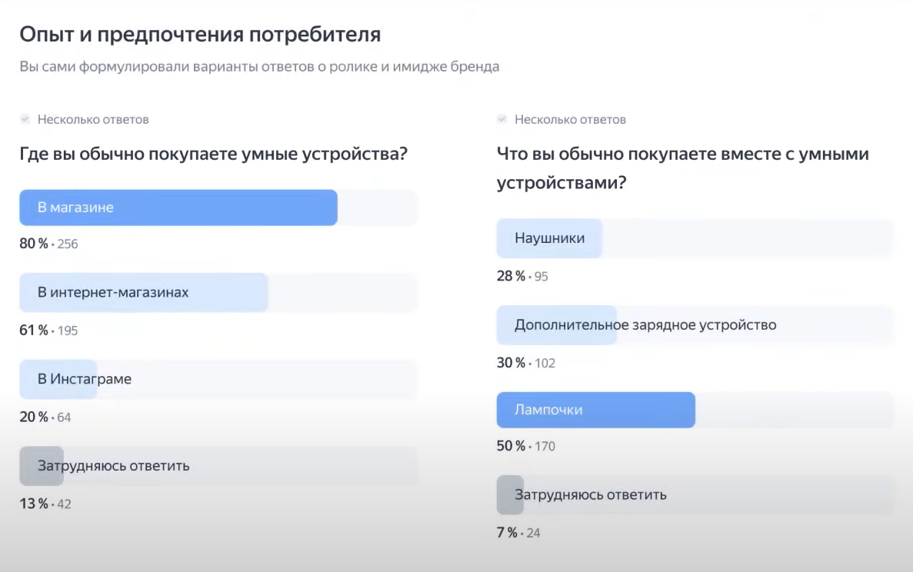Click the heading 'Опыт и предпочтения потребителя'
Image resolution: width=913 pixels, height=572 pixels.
200,35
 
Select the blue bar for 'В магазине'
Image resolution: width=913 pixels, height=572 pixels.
178,208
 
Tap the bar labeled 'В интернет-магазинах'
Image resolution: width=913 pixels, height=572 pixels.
143,293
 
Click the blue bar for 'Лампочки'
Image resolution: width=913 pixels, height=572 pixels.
595,410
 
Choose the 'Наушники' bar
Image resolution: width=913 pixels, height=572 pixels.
549,238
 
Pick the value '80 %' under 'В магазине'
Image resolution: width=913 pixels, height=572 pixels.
33,244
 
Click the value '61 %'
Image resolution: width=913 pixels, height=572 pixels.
33,331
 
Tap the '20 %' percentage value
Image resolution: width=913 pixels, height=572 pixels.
33,417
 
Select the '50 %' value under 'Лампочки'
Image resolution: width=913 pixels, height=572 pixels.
511,447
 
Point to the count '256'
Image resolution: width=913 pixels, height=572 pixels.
67,244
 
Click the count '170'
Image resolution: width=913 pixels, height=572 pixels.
544,447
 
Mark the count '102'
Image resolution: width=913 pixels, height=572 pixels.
544,363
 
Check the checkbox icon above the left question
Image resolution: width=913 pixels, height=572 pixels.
25,119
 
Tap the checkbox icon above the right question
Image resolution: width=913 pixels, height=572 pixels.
501,119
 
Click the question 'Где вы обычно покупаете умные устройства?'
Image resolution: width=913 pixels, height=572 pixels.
213,155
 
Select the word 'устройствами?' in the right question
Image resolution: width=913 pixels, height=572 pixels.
560,185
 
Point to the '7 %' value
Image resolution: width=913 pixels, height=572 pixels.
507,533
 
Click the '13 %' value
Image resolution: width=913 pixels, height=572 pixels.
33,504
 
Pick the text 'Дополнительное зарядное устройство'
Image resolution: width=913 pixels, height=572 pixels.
645,324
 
